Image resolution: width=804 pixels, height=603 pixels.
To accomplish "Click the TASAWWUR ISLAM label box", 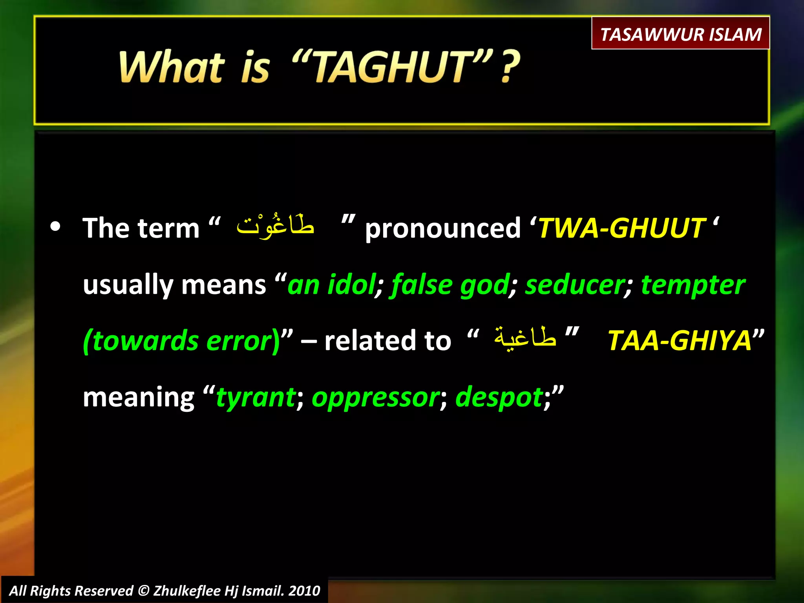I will [x=680, y=34].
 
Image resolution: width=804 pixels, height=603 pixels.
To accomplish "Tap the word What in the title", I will [x=172, y=68].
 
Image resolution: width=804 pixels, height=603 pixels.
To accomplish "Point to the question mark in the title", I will [x=510, y=68].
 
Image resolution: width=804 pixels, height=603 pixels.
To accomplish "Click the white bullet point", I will [x=55, y=227].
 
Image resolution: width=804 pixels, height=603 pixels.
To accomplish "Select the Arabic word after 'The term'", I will [x=275, y=226].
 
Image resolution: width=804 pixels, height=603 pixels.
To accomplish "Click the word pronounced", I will [x=442, y=228].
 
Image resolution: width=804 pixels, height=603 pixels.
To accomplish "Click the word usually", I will [x=128, y=285].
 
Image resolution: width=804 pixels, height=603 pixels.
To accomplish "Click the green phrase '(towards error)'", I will [x=181, y=341].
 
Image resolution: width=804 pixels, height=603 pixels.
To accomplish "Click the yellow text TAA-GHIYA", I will [x=679, y=340].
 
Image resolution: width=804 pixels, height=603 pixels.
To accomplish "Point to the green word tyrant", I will [x=256, y=397].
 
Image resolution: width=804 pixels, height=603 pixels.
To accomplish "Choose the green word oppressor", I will [x=376, y=397].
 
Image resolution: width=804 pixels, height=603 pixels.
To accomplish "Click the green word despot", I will [x=499, y=397].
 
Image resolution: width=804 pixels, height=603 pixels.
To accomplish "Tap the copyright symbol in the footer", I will [x=144, y=590].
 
